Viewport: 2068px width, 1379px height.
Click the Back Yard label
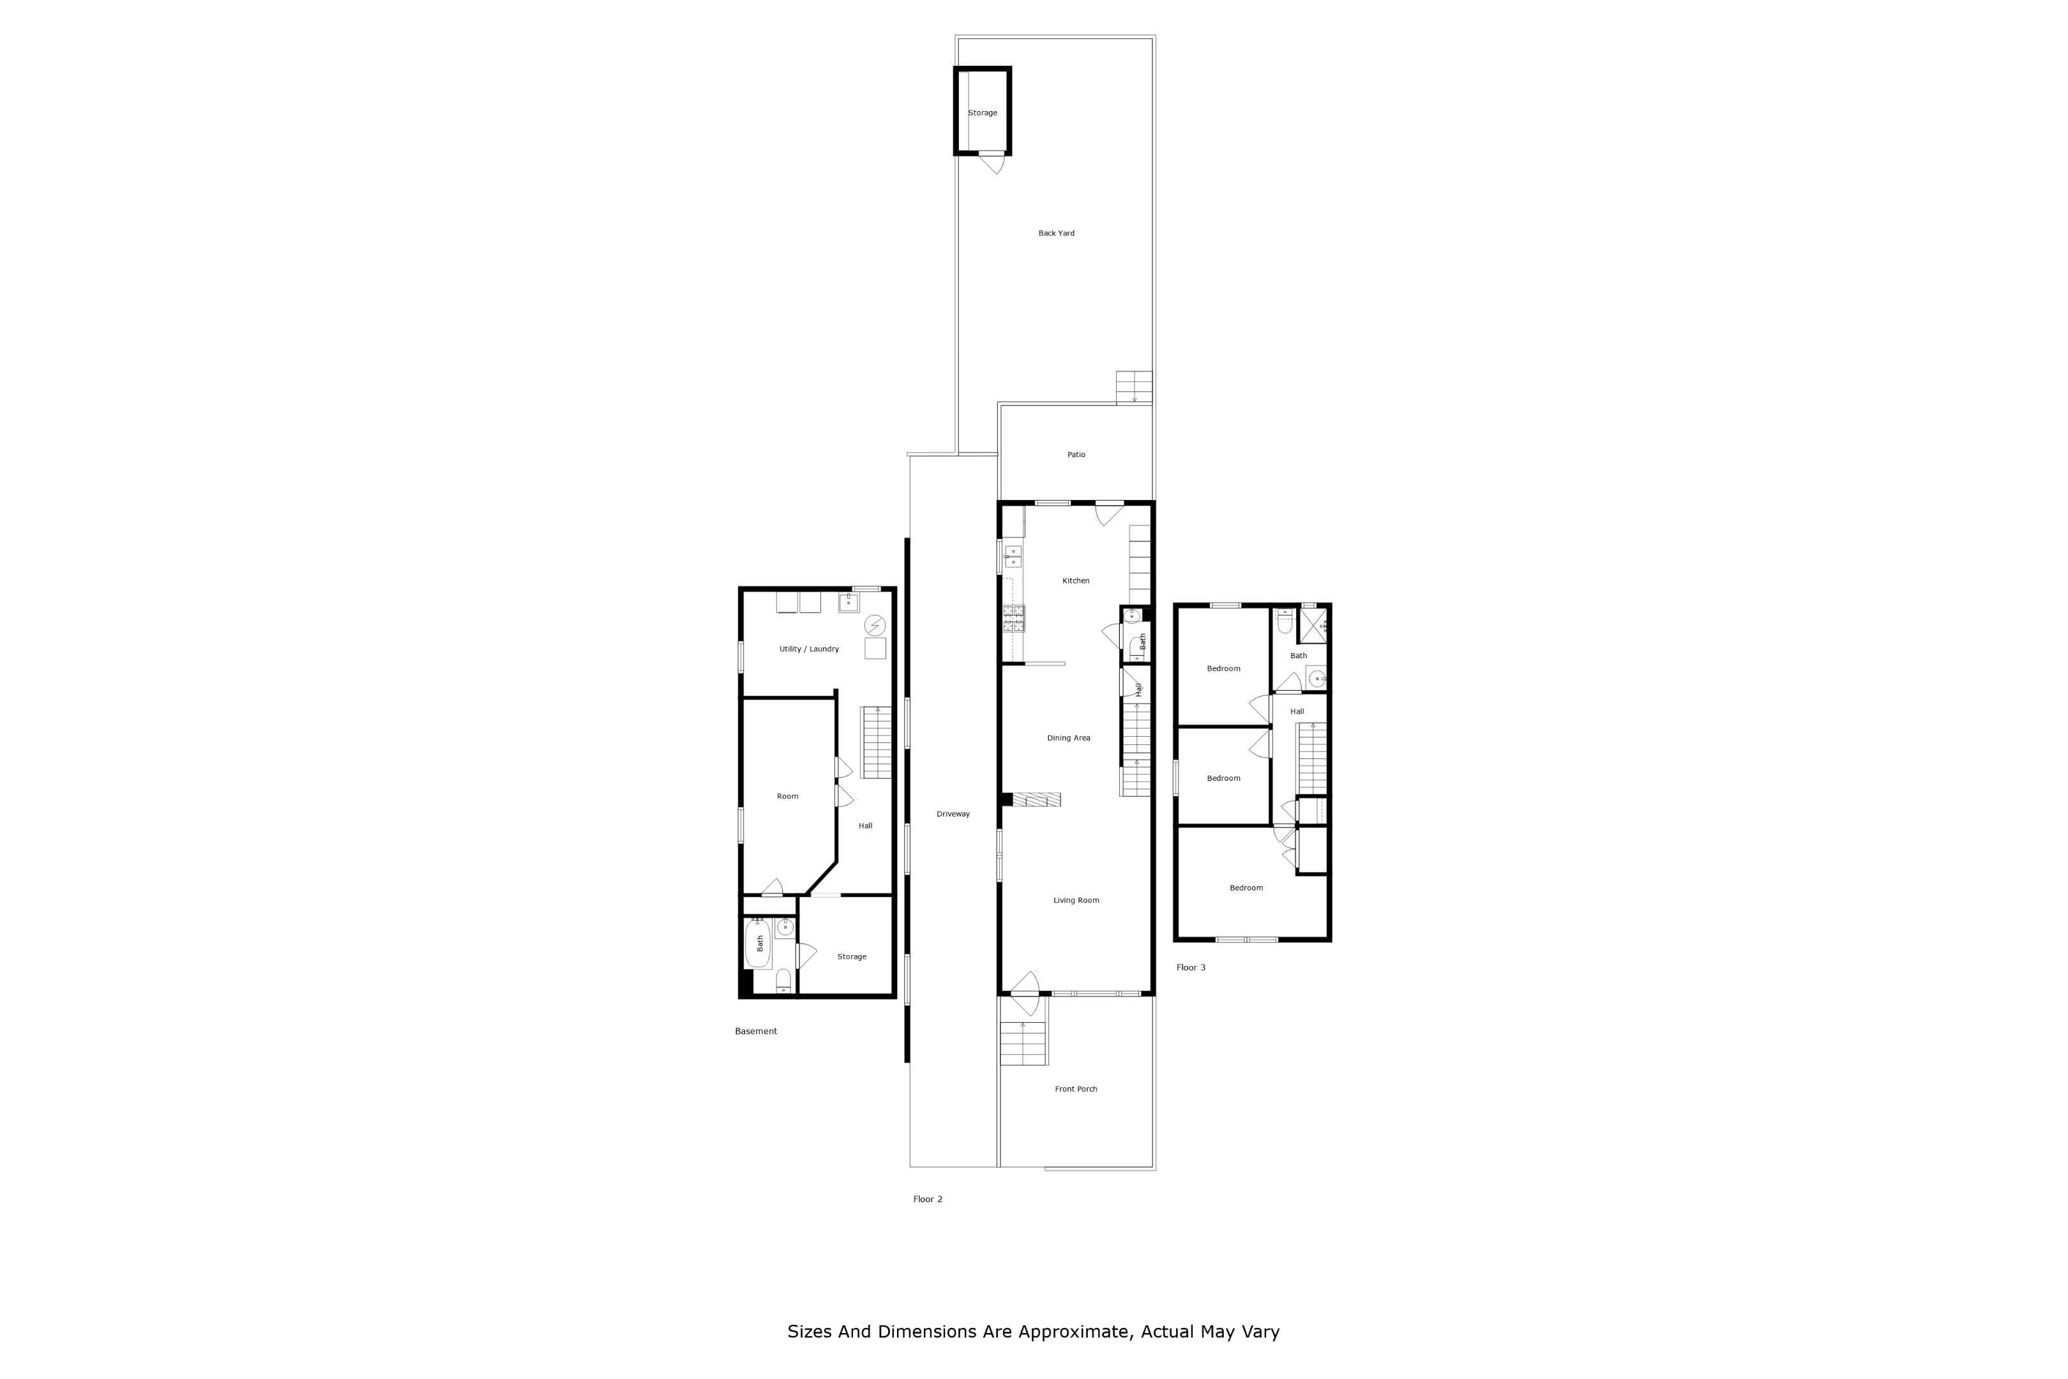coord(1056,234)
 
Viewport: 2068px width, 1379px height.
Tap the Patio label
coord(1076,455)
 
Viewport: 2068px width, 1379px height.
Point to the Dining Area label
coord(1068,739)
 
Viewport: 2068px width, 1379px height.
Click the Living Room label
coord(1076,901)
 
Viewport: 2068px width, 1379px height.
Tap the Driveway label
coord(953,815)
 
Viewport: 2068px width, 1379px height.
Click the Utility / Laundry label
coord(809,650)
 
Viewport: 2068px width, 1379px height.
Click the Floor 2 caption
coord(928,1200)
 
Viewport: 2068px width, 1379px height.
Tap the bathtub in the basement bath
coord(758,944)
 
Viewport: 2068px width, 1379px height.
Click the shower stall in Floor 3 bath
coord(1313,625)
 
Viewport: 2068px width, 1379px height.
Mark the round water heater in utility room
coord(874,625)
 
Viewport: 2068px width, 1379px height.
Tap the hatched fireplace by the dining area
coord(1037,799)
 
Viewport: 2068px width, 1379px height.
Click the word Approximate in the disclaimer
coord(1073,1332)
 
